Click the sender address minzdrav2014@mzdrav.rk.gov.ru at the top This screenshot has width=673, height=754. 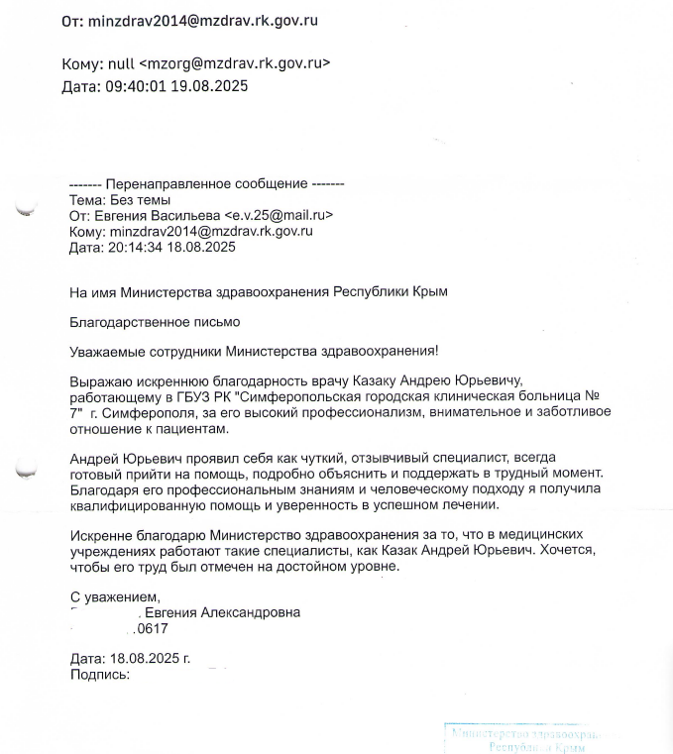click(x=204, y=20)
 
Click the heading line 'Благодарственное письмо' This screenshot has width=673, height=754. click(x=155, y=321)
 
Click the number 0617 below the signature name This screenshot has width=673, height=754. click(x=152, y=628)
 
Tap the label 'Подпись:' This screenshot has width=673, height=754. click(x=100, y=674)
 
